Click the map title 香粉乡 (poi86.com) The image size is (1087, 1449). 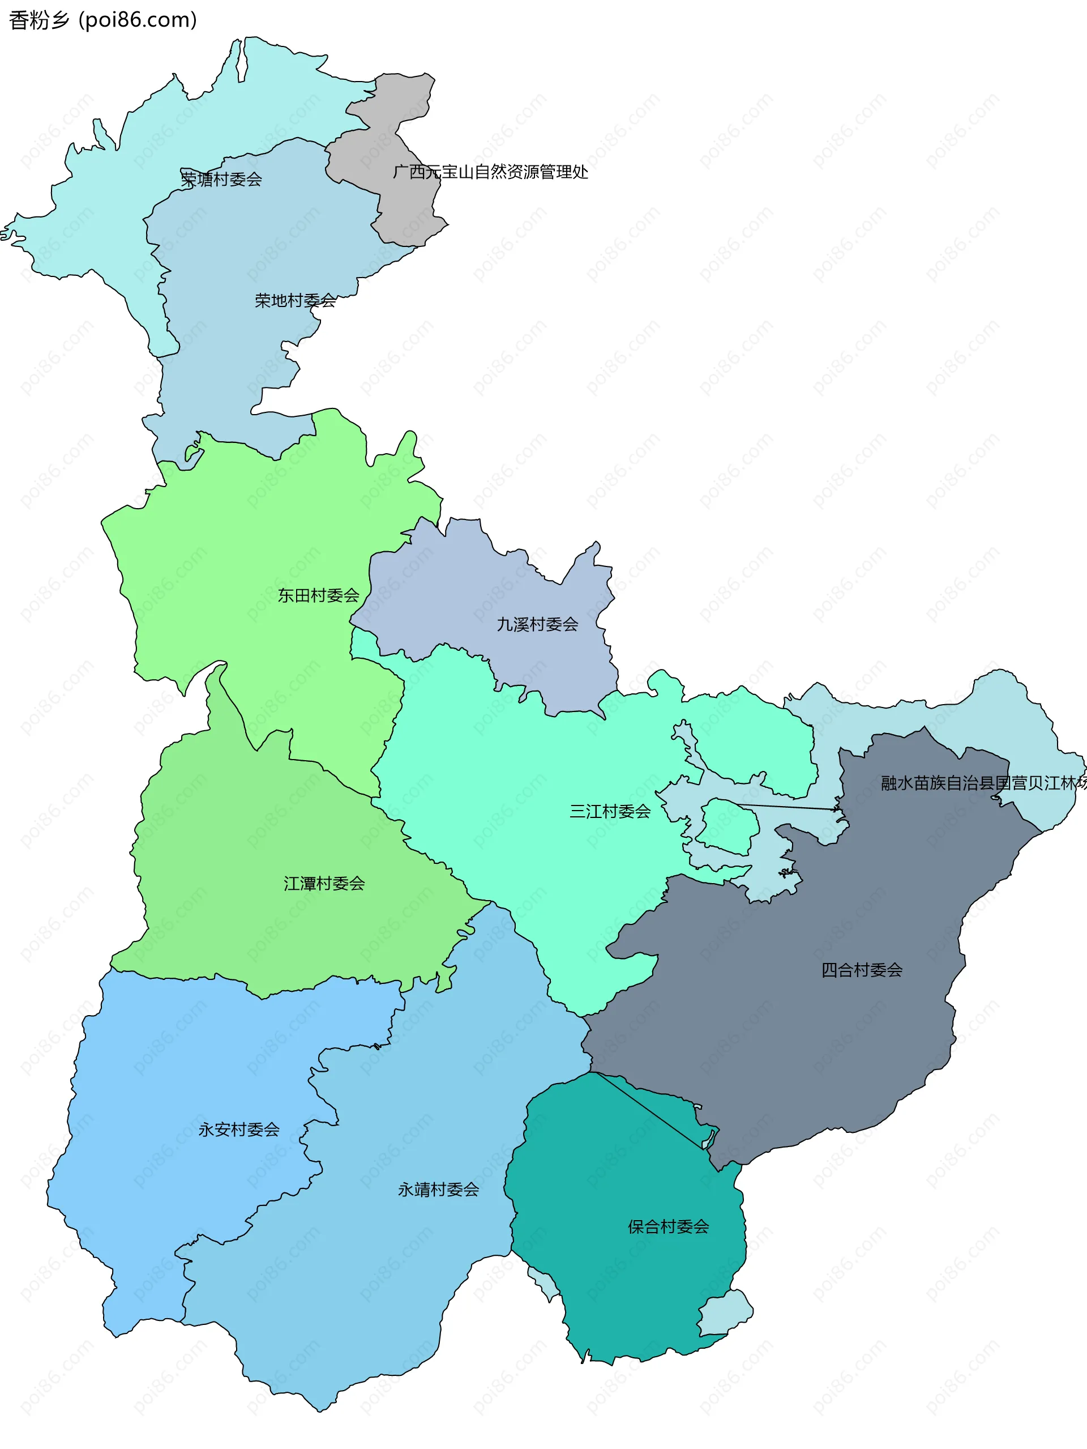tap(103, 20)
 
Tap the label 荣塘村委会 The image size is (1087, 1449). tap(221, 179)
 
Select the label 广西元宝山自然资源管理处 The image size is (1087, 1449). tap(490, 172)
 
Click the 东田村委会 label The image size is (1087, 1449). tap(318, 595)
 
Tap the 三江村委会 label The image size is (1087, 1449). tap(610, 811)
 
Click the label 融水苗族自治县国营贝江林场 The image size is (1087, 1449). tap(982, 783)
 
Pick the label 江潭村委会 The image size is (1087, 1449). tap(324, 884)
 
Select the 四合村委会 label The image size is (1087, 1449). tap(862, 970)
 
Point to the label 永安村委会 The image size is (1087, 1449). tap(239, 1130)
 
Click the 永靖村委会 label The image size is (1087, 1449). tap(438, 1190)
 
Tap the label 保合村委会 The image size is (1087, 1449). tap(668, 1227)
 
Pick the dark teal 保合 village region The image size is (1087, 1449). tap(622, 1297)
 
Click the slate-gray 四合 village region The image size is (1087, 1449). tap(786, 1048)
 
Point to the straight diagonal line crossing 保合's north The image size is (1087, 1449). tap(648, 1114)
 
